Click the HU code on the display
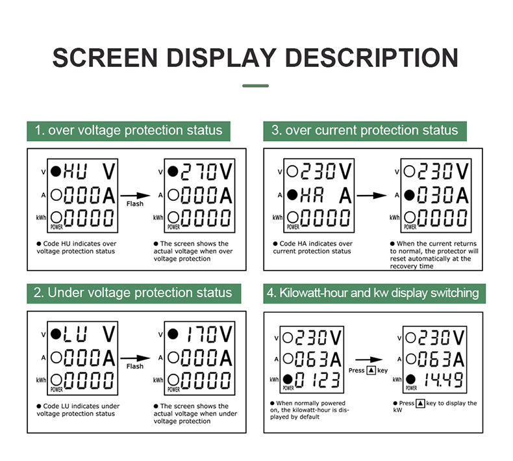coord(75,172)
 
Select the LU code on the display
coord(75,334)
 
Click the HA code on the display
coord(312,196)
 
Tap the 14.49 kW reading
coord(444,380)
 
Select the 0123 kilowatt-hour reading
coord(318,380)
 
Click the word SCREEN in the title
coord(105,58)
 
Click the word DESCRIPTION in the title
coord(371,58)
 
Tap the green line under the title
coord(255,86)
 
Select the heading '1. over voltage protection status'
coord(129,131)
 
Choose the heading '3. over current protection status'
coord(364,131)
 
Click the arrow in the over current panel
coord(371,196)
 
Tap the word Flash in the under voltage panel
coord(135,366)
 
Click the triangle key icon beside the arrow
coord(371,370)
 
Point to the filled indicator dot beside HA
coord(292,195)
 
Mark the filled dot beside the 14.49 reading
coord(410,380)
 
